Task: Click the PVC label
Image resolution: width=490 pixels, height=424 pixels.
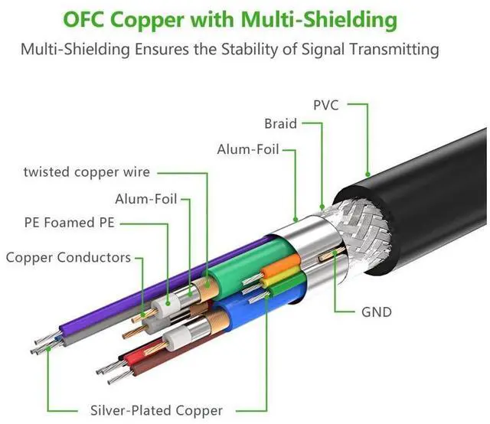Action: (x=326, y=106)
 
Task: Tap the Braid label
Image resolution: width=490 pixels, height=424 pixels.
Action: (x=280, y=124)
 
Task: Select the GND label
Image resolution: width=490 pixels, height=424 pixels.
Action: (x=376, y=312)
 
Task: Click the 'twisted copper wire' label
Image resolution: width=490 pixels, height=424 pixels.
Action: (x=87, y=172)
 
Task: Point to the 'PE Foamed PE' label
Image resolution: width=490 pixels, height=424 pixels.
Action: (x=70, y=223)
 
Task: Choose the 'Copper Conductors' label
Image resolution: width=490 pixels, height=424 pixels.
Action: (x=68, y=258)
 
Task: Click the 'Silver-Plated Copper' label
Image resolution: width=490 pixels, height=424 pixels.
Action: (x=156, y=410)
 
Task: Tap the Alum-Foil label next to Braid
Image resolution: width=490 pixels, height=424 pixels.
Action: (x=248, y=149)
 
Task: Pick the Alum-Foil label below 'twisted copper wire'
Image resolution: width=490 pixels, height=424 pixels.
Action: (x=146, y=199)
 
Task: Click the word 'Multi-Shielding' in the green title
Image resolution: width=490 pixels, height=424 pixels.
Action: (x=318, y=19)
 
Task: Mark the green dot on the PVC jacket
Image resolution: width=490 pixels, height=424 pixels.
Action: (x=367, y=174)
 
